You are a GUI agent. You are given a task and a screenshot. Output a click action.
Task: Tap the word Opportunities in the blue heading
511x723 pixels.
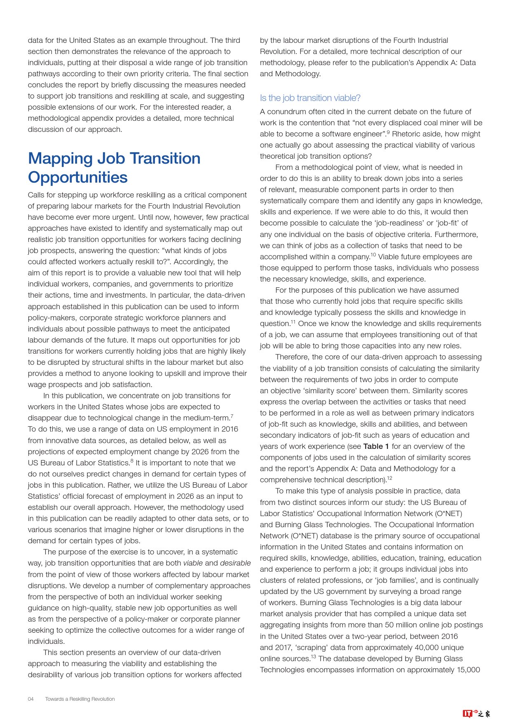click(78, 178)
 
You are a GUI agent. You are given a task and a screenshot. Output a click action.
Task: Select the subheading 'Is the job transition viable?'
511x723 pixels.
click(310, 98)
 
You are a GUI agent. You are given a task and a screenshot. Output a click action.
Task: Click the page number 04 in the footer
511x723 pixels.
click(30, 699)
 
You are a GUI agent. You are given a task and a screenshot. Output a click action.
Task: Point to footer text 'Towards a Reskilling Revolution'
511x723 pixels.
click(80, 699)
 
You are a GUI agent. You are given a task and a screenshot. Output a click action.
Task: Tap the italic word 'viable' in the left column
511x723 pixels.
click(193, 563)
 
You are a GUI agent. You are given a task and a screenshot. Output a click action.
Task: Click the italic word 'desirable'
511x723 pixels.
click(235, 563)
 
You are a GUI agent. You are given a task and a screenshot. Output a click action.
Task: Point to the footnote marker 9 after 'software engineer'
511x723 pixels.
click(388, 131)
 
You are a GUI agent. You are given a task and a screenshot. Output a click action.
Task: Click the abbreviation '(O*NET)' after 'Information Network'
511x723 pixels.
click(448, 514)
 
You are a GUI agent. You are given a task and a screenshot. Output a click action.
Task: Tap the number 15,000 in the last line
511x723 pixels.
click(468, 670)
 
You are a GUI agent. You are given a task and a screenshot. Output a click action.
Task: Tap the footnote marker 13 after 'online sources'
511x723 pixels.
click(314, 656)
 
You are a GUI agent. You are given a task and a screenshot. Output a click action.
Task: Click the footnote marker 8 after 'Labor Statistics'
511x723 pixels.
click(132, 460)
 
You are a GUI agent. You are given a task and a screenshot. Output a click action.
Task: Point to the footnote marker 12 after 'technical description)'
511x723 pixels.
click(390, 478)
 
